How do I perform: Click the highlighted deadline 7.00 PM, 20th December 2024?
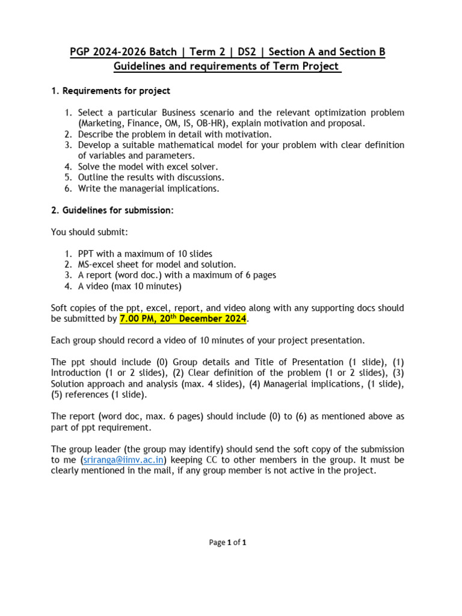click(x=183, y=318)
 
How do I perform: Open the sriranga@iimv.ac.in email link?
click(x=123, y=460)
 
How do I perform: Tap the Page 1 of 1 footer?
click(x=227, y=542)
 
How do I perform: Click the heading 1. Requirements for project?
click(x=111, y=91)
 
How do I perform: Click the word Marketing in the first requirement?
click(x=102, y=123)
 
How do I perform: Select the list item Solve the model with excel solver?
click(x=148, y=167)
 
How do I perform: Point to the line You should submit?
click(x=90, y=232)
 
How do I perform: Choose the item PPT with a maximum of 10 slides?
click(x=145, y=253)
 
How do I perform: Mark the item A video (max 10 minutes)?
click(x=129, y=286)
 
